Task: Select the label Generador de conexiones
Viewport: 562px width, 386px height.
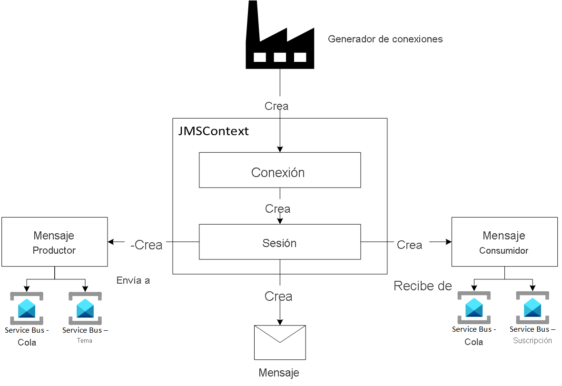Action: coord(385,39)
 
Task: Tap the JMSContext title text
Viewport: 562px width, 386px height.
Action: coord(213,131)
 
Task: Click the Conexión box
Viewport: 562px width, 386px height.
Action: coord(279,170)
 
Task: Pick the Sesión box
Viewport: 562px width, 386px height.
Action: coord(279,242)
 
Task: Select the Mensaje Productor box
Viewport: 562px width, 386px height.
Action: coord(54,242)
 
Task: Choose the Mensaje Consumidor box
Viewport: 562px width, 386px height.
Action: coord(504,242)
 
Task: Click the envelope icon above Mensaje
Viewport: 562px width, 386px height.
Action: coord(280,342)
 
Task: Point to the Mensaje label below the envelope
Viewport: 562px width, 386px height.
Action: coord(279,373)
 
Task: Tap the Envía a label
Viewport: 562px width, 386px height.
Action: coord(133,280)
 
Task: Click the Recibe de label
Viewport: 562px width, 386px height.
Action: coord(423,286)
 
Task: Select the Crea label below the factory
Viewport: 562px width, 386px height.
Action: coord(276,106)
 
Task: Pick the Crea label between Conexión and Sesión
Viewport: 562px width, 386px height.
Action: coord(278,208)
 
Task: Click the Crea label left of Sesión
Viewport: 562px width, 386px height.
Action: coord(147,245)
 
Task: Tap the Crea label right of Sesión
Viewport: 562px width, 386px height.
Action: coord(409,245)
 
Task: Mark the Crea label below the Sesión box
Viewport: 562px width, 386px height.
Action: coord(278,297)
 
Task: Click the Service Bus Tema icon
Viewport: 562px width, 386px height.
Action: coord(85,308)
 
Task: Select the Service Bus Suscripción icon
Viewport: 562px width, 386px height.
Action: coord(532,307)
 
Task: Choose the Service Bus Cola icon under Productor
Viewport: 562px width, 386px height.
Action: coord(27,308)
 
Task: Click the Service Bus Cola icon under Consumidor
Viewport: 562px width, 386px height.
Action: coord(474,307)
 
